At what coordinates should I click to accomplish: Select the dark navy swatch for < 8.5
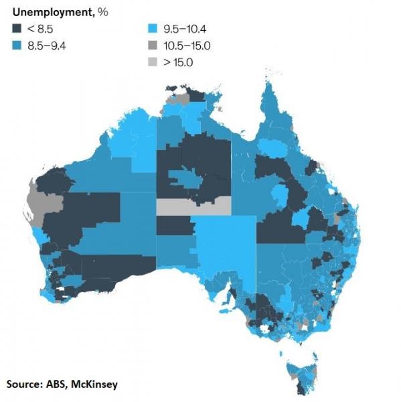coord(16,29)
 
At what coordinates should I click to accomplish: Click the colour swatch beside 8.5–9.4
coord(16,45)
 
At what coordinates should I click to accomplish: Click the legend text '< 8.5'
coord(39,29)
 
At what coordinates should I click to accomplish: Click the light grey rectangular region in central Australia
coord(193,206)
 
